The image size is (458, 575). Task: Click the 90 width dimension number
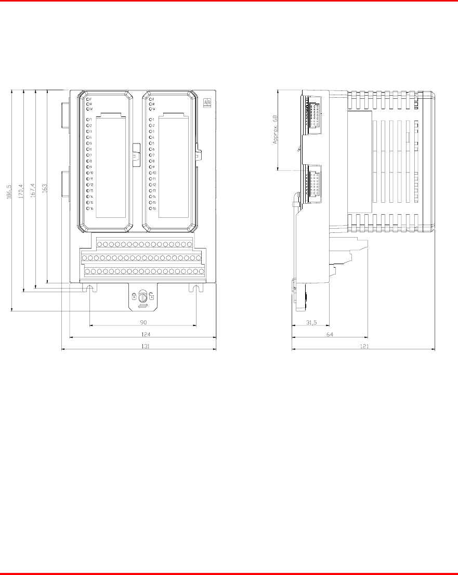(x=142, y=322)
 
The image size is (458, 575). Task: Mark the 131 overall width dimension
(x=138, y=345)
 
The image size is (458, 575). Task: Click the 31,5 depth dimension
(x=311, y=322)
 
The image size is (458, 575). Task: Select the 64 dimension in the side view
(x=330, y=334)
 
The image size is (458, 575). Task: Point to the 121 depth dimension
(x=364, y=345)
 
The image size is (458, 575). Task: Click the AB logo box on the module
(x=207, y=103)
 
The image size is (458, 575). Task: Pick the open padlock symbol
(x=151, y=296)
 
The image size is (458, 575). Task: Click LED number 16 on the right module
(x=151, y=208)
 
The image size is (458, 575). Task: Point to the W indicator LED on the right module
(x=151, y=109)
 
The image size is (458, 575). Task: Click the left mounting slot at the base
(x=90, y=288)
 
